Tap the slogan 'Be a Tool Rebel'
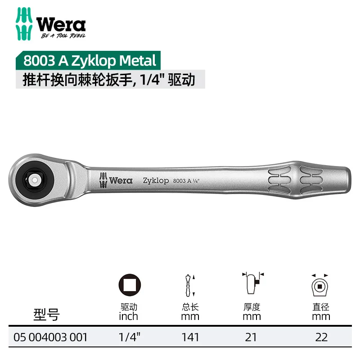click(x=63, y=36)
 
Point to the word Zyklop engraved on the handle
click(x=156, y=180)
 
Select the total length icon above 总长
click(x=190, y=284)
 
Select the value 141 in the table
click(x=190, y=337)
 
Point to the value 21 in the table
click(x=252, y=337)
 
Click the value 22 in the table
click(x=321, y=337)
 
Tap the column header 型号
click(x=46, y=315)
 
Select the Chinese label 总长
click(x=190, y=307)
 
